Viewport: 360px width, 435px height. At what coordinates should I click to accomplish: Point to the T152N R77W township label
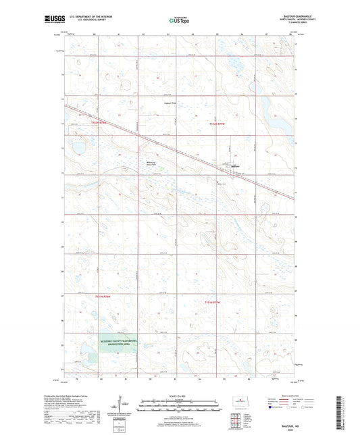coord(217,124)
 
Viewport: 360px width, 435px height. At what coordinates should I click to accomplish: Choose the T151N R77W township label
coord(213,303)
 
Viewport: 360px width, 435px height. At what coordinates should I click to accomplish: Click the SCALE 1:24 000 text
coord(179,396)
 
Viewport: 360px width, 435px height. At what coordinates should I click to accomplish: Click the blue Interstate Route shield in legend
coord(272,407)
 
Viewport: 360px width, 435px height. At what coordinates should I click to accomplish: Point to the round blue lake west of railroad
coord(78,147)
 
